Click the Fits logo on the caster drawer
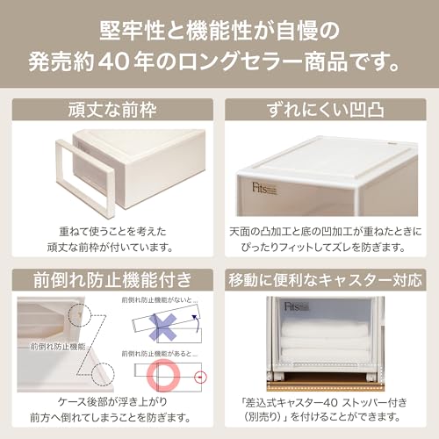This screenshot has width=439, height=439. pos(290,308)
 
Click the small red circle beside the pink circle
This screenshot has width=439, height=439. pos(202,378)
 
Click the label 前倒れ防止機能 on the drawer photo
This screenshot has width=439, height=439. pos(54,346)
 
